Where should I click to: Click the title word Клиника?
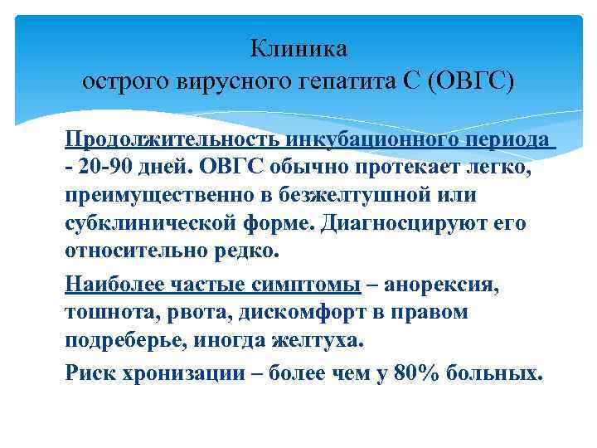[299, 50]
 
